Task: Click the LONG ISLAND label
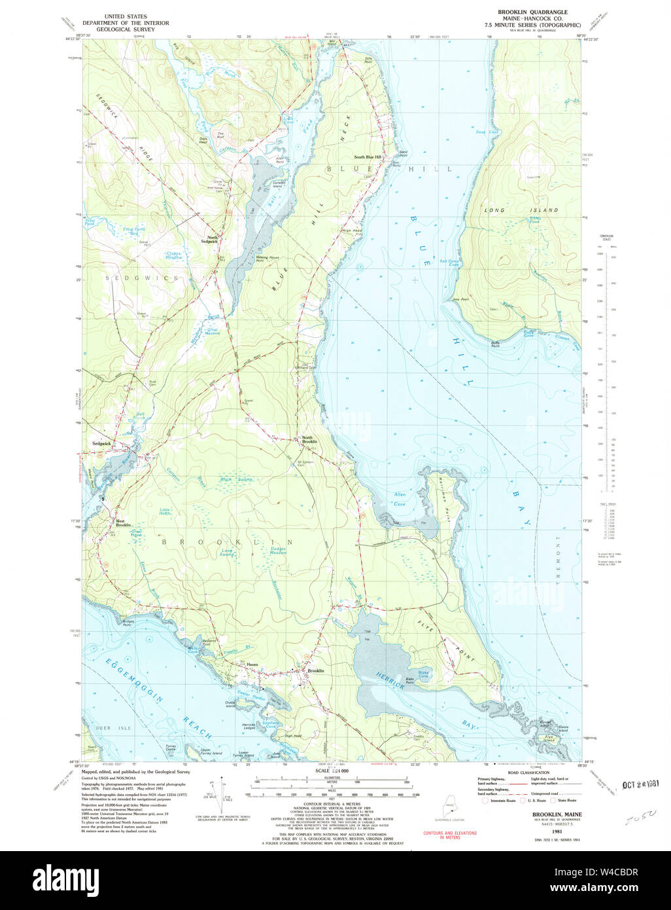coord(521,210)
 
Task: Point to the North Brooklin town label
coord(309,440)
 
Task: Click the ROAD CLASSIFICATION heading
coord(528,773)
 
